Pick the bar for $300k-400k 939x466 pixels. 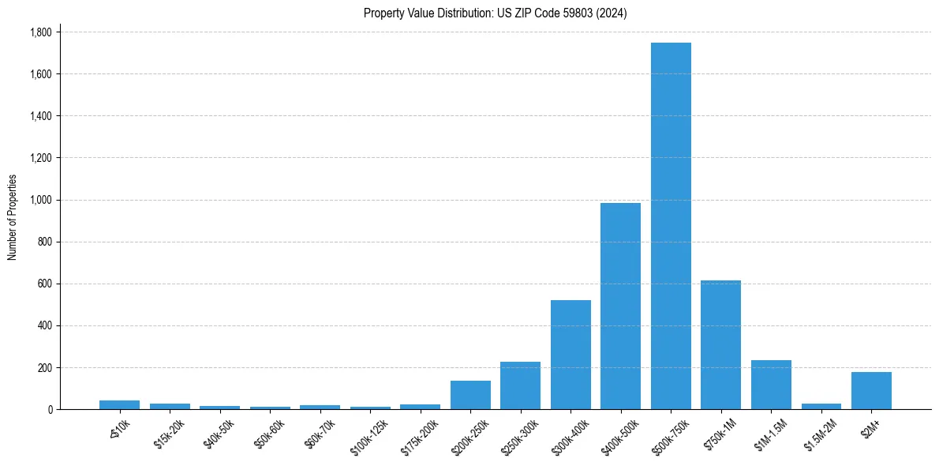click(x=571, y=355)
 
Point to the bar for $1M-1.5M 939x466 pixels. click(x=771, y=385)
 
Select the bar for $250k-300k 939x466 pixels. click(x=520, y=385)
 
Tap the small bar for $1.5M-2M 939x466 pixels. click(x=821, y=406)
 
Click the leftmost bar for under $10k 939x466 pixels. click(x=119, y=404)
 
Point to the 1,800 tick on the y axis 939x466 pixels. click(x=40, y=32)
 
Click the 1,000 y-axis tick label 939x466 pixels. click(x=40, y=200)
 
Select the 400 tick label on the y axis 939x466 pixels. click(x=44, y=325)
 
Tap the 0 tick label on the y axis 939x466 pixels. click(x=50, y=409)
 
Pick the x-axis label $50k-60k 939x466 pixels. click(x=270, y=430)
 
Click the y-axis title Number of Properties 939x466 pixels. click(x=13, y=217)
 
